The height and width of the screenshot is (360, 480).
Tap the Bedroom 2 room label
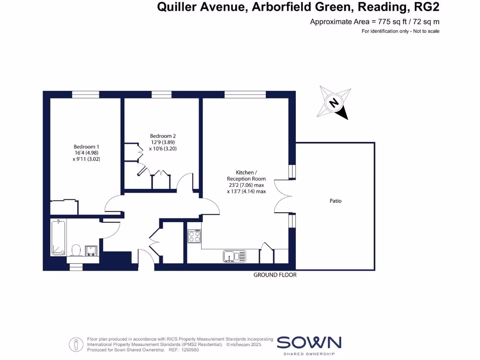click(x=163, y=136)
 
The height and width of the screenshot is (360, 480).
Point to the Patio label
click(x=336, y=201)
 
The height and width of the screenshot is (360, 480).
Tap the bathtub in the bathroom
click(x=59, y=237)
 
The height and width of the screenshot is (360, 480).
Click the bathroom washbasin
click(x=91, y=250)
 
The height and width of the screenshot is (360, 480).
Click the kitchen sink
click(x=234, y=256)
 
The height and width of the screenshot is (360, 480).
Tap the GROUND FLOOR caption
click(x=275, y=275)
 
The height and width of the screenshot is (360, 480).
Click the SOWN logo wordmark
click(x=309, y=343)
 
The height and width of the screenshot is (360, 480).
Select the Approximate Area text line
click(x=375, y=22)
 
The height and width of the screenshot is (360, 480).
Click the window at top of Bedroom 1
click(x=85, y=95)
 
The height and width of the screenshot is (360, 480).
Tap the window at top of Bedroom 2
click(x=161, y=95)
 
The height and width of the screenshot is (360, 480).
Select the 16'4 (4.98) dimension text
click(x=86, y=152)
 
